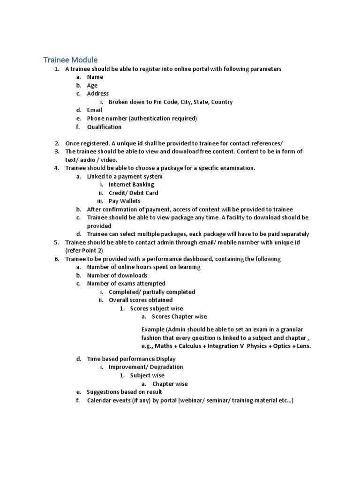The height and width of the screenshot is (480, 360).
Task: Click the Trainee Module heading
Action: click(70, 60)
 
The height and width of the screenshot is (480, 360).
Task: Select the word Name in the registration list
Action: click(95, 77)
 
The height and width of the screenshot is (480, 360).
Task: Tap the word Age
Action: click(92, 85)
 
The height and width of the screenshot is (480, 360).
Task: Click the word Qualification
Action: click(104, 127)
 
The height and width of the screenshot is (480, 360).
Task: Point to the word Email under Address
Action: click(94, 110)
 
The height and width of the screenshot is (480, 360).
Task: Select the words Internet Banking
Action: click(131, 185)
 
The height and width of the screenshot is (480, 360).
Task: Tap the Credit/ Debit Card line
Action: click(133, 193)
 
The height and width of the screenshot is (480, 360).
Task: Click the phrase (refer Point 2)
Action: click(84, 250)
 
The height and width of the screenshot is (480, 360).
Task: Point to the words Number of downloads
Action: click(117, 275)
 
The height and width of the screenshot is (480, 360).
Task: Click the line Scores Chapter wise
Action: click(179, 316)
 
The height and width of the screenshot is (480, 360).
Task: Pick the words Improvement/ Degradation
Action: click(146, 367)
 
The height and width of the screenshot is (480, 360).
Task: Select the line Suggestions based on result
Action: click(124, 392)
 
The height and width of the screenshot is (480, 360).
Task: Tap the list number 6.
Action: click(56, 259)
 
